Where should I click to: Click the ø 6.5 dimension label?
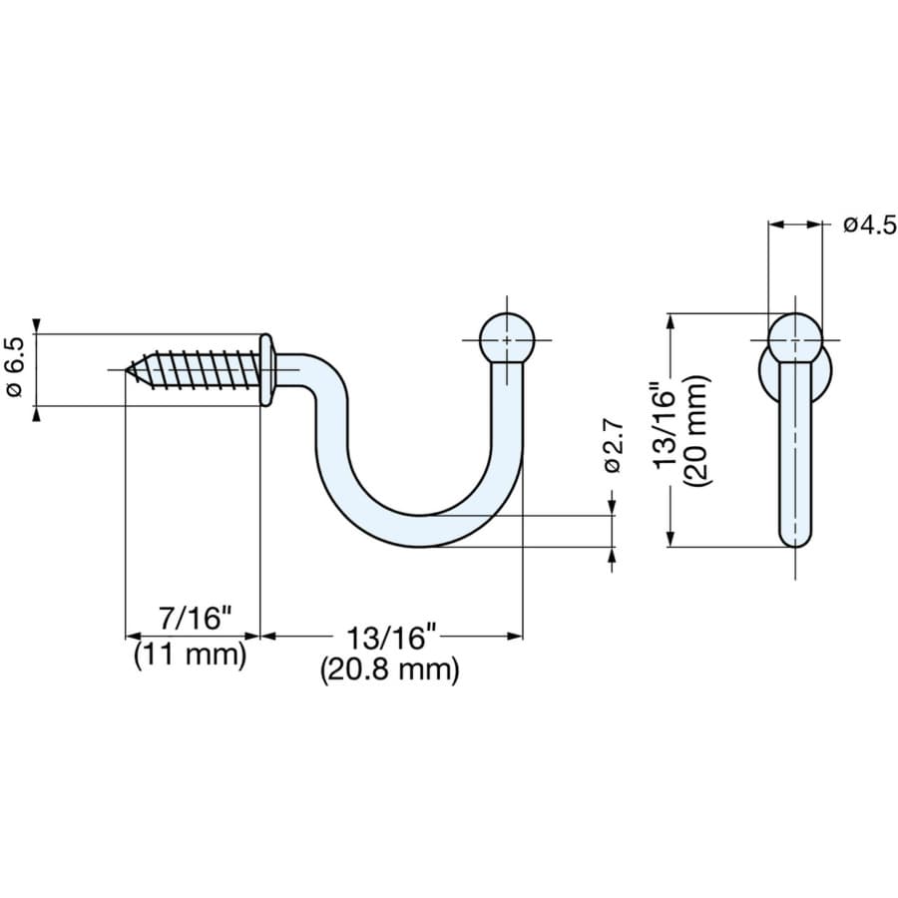tap(16, 369)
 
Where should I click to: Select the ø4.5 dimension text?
tap(869, 224)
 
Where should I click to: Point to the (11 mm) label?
tap(190, 656)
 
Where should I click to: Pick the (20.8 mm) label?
tap(389, 670)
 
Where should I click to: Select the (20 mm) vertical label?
tap(697, 430)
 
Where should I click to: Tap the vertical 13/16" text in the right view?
tap(665, 430)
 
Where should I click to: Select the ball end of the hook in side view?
tap(507, 339)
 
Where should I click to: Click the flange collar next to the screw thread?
tap(266, 370)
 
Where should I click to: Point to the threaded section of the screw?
tap(200, 369)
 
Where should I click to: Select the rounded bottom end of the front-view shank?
tap(794, 537)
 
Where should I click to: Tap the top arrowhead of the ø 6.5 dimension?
tap(38, 327)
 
